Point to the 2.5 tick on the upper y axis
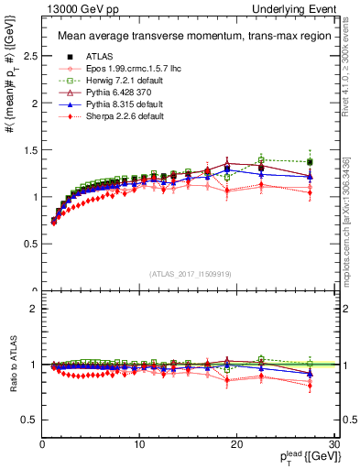pyautogui.click(x=27, y=57)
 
